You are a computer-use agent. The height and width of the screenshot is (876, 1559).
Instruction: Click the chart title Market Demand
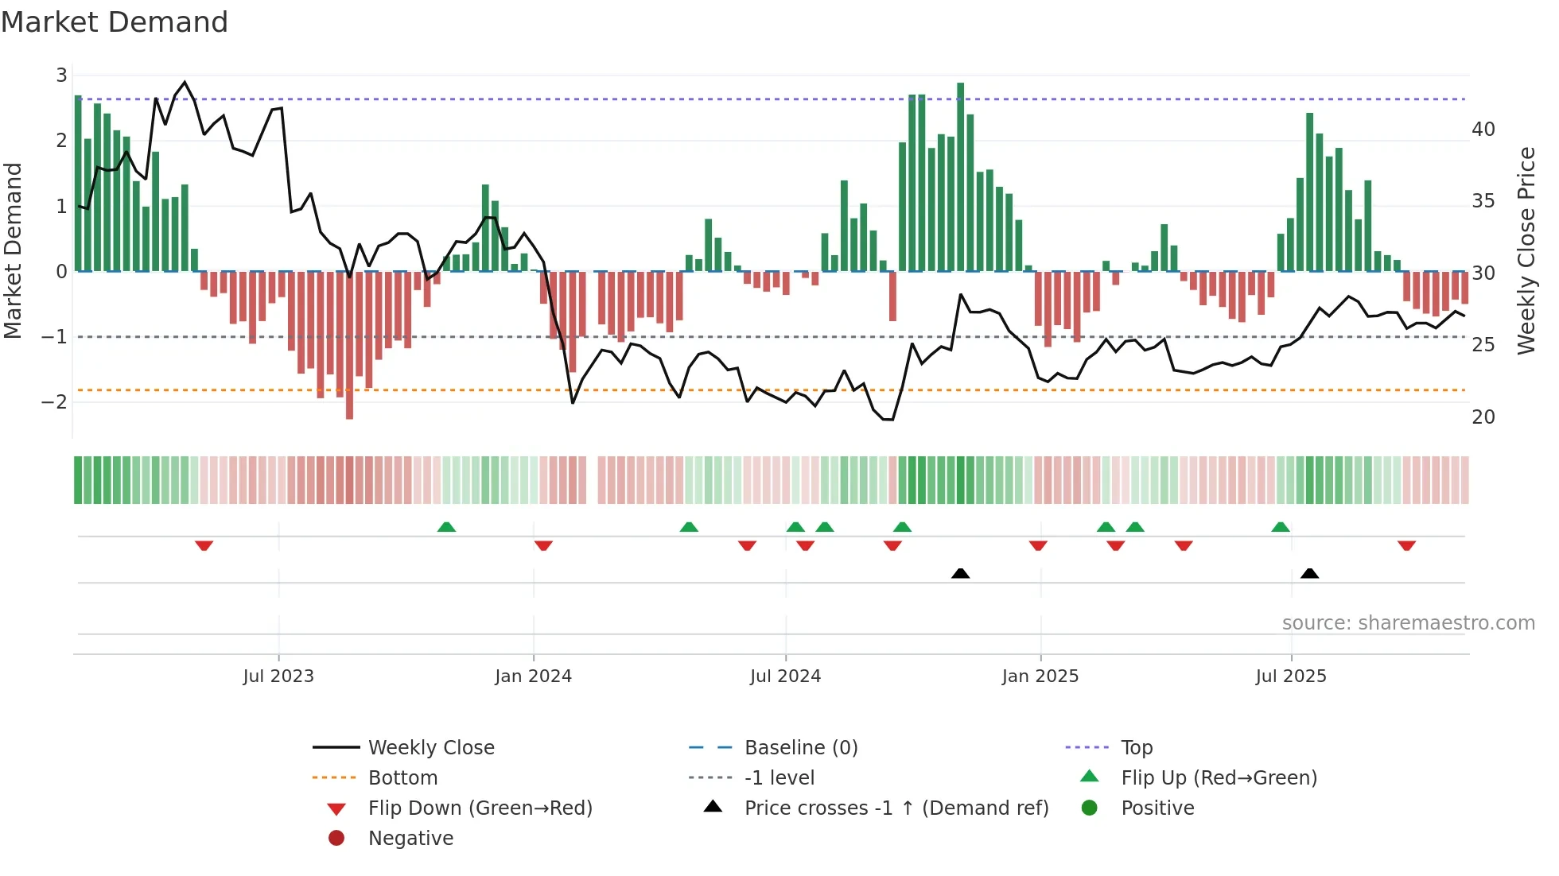click(115, 21)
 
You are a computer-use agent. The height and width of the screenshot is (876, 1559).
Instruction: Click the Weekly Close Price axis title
click(1526, 250)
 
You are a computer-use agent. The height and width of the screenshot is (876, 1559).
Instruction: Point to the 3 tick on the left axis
click(61, 75)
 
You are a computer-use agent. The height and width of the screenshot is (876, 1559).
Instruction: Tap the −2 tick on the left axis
click(54, 401)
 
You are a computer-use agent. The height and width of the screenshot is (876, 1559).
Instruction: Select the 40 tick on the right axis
click(1483, 129)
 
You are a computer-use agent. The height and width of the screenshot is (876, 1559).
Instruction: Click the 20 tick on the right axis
click(1483, 417)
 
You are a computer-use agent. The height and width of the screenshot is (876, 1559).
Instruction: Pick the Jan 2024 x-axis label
click(533, 676)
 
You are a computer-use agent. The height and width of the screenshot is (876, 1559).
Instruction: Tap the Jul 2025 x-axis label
click(1291, 676)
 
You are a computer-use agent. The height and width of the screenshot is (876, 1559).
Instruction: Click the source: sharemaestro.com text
click(1408, 622)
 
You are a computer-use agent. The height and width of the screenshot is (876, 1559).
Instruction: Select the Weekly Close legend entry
click(430, 747)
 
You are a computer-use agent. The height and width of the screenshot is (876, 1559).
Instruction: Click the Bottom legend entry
click(402, 777)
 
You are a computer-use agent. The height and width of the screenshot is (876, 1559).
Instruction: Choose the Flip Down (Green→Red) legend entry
click(480, 808)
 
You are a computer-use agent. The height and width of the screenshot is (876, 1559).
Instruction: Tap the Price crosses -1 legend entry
click(896, 808)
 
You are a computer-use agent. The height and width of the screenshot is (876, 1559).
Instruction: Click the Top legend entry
click(1137, 747)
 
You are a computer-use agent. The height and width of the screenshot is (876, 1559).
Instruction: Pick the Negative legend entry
click(410, 838)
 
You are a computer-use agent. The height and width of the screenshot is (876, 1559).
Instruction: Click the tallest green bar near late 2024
click(960, 176)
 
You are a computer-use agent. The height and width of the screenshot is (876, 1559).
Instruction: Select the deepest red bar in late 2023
click(349, 345)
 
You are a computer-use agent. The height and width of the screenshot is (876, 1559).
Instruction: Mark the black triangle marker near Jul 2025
click(1309, 573)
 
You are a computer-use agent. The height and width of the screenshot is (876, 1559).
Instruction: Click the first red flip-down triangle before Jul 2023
click(204, 545)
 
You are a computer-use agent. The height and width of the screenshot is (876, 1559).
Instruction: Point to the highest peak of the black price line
click(185, 82)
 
